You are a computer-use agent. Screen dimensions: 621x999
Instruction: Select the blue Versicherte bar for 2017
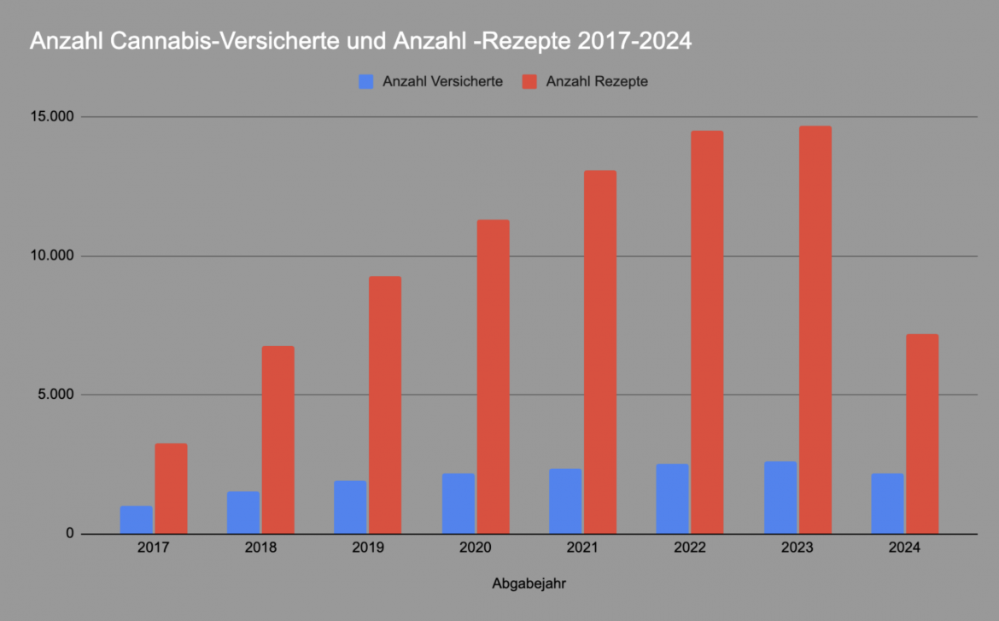click(x=137, y=519)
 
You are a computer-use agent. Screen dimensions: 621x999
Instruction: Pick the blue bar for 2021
click(x=565, y=501)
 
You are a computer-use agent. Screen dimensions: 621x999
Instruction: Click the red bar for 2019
click(x=385, y=405)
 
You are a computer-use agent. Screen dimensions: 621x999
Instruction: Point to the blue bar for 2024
click(x=887, y=503)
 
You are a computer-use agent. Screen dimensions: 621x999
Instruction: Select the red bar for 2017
click(x=171, y=489)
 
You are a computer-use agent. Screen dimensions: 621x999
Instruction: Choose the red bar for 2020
click(x=493, y=377)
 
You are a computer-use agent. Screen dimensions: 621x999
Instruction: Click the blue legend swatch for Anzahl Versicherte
click(x=366, y=82)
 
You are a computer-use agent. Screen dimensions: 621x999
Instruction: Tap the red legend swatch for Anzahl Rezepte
click(x=529, y=82)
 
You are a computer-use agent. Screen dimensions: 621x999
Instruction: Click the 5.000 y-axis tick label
click(x=55, y=395)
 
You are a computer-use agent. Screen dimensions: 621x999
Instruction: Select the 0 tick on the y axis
click(x=71, y=535)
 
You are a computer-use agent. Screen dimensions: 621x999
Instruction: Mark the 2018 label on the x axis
click(x=260, y=548)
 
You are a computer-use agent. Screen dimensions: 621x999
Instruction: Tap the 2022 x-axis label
click(x=690, y=548)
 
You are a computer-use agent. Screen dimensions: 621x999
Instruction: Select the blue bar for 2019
click(x=350, y=507)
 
